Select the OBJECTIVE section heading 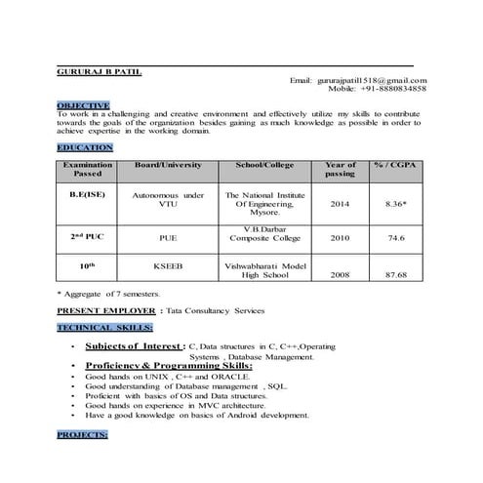coord(83,104)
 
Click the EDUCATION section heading coord(85,146)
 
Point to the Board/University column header coord(168,165)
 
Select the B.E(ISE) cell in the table coord(87,197)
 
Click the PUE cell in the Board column coord(167,237)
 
